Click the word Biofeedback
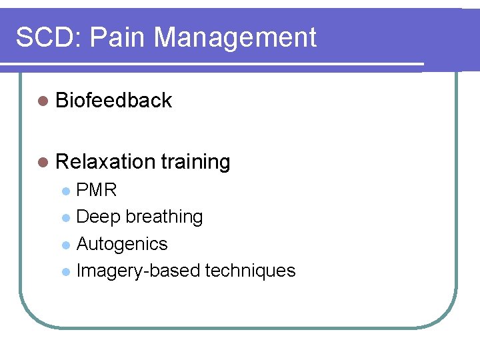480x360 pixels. click(114, 101)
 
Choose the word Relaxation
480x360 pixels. click(106, 162)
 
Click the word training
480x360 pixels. click(195, 162)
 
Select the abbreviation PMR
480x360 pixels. click(97, 191)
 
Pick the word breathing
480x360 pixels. click(164, 217)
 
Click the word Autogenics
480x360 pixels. click(122, 245)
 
